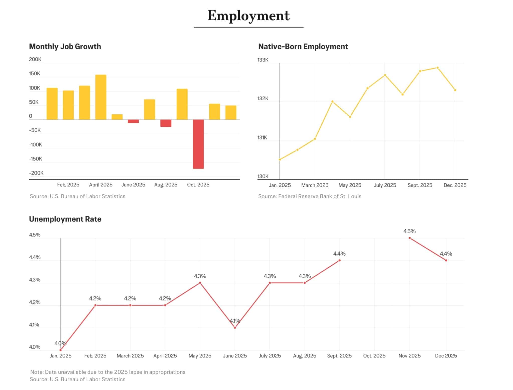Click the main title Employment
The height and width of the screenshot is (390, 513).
[x=248, y=16]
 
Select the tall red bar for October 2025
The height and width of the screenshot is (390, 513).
[x=198, y=144]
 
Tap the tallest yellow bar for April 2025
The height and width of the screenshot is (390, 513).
[x=101, y=97]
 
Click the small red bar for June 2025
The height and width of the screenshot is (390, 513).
[x=133, y=121]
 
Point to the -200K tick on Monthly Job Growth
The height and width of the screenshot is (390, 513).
[x=36, y=173]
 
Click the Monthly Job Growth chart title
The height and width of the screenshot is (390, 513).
[x=65, y=46]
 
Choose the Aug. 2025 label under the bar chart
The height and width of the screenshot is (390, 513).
[x=166, y=185]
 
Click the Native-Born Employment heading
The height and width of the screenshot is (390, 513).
[x=303, y=46]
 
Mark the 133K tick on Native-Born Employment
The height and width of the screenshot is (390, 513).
[x=263, y=60]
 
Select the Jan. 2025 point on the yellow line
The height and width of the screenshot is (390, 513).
[x=280, y=160]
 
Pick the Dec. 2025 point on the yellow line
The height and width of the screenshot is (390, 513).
[x=455, y=90]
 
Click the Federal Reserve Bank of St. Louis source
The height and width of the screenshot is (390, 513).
[x=310, y=196]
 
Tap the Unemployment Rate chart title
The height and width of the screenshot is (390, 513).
[x=65, y=219]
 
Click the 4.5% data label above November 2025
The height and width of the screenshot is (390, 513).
[x=409, y=231]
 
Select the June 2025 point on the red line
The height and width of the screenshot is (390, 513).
[x=235, y=328]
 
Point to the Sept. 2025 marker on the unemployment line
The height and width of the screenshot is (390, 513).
[x=339, y=260]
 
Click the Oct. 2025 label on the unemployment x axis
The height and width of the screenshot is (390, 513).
[x=374, y=356]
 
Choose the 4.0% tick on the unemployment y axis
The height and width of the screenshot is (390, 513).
[x=35, y=347]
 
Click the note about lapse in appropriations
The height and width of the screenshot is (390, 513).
[x=108, y=372]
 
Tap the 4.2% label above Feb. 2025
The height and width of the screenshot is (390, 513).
[x=95, y=298]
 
